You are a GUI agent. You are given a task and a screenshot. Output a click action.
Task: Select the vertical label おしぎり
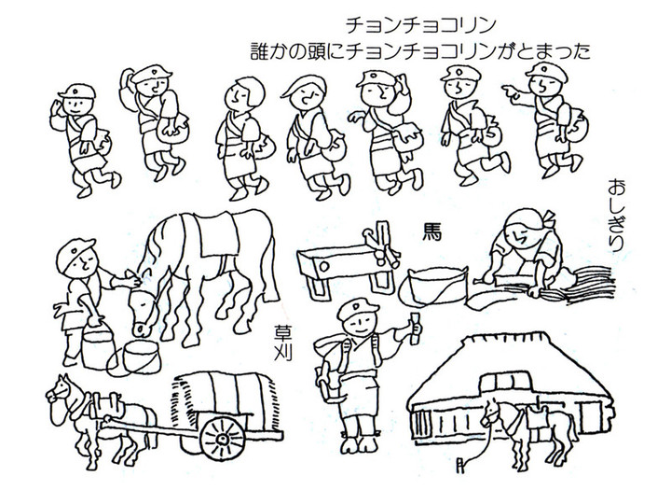tap(614, 212)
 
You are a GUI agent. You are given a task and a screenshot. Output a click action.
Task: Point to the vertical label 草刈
tap(282, 344)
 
